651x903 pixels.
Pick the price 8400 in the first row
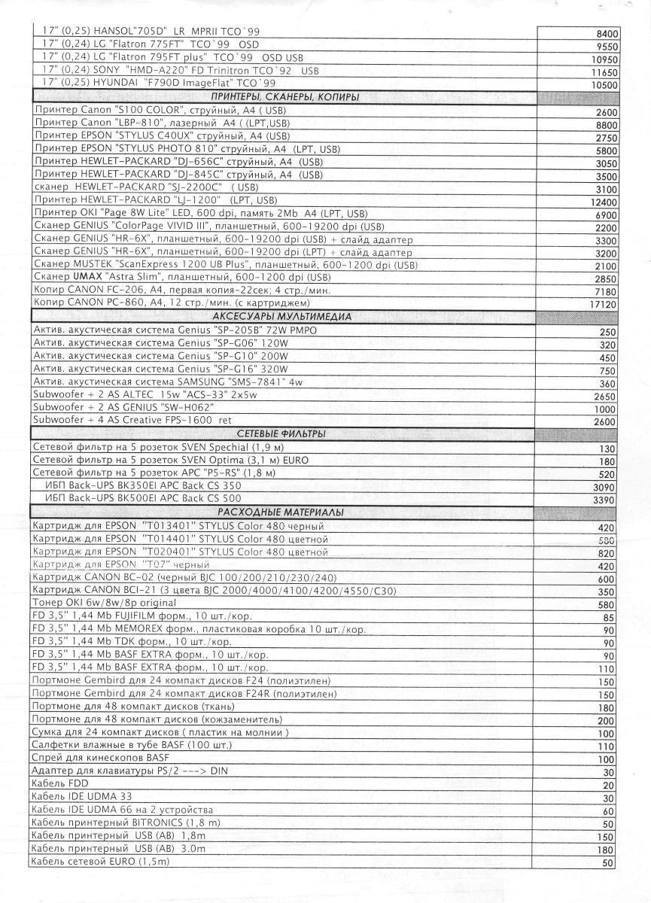pos(607,34)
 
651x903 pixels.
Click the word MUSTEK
pos(92,265)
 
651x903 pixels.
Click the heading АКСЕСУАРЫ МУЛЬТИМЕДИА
pos(282,317)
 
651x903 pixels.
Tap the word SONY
pos(96,70)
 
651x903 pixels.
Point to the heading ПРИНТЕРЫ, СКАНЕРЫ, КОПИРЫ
pos(284,97)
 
